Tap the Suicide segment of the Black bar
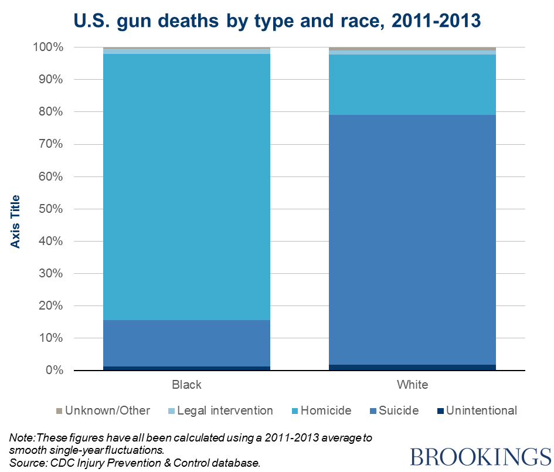(186, 343)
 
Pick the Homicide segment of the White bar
(412, 84)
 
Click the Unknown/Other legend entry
(103, 410)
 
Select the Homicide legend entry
(321, 410)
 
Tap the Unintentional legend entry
(476, 410)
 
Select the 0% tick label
(55, 371)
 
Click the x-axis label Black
(186, 385)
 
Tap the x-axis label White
(412, 385)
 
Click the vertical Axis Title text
(16, 222)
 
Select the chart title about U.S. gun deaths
(277, 21)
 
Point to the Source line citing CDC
(135, 463)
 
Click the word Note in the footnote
(22, 437)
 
